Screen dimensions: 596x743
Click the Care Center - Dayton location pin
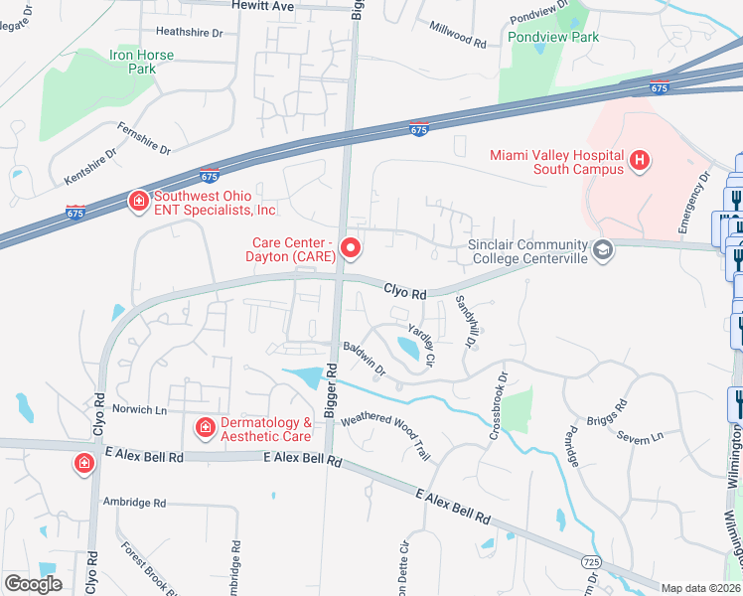[x=349, y=247]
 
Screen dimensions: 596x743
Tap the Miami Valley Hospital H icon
[x=640, y=159]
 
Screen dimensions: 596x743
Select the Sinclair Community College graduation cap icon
[x=601, y=248]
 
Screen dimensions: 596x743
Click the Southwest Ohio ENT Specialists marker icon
[x=137, y=202]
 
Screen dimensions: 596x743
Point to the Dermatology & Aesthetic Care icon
[x=205, y=428]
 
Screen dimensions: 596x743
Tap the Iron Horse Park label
[x=132, y=62]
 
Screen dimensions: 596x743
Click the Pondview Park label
[x=553, y=37]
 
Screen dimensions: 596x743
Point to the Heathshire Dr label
[x=190, y=33]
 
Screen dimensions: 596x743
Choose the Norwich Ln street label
[x=138, y=408]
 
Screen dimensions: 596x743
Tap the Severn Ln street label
[x=639, y=437]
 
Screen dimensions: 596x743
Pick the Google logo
[x=34, y=584]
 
